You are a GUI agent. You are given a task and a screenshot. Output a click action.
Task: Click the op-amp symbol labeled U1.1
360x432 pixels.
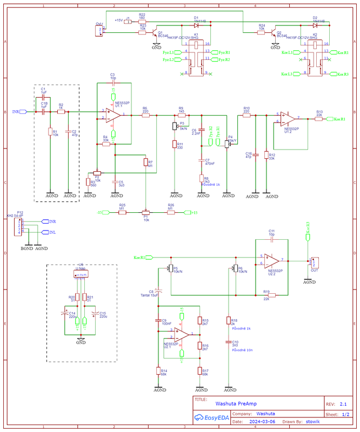tap(112, 115)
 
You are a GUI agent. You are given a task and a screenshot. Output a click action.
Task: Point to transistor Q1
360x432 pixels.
tap(155, 34)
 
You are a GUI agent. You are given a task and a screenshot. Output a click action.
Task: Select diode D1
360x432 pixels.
tap(197, 25)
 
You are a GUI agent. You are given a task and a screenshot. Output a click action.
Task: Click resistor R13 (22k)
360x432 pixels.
tap(319, 119)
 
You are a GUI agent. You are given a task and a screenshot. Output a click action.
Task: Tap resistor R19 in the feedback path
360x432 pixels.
tap(267, 295)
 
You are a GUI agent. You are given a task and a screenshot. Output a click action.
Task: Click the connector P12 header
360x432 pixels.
tap(18, 227)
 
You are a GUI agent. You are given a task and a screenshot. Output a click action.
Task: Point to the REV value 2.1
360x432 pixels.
tap(343, 403)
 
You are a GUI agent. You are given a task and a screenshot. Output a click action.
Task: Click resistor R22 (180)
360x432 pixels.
tap(142, 21)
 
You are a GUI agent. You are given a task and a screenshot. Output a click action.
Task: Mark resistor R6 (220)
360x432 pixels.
tap(145, 115)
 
